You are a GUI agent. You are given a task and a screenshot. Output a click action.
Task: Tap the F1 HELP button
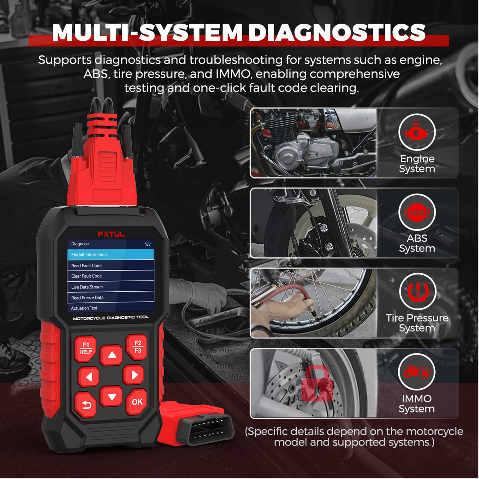86,348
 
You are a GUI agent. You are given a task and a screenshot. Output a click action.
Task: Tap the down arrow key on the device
111,396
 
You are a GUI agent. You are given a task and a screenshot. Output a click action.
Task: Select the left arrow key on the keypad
89,377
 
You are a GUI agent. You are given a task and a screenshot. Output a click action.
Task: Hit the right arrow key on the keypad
134,375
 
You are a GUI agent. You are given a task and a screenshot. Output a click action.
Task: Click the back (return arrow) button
86,405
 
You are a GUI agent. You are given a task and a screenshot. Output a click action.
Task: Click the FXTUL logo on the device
111,234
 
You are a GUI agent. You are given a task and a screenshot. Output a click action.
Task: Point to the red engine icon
416,132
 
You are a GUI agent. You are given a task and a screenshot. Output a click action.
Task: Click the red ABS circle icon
417,213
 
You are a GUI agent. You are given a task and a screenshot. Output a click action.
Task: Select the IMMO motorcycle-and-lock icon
417,372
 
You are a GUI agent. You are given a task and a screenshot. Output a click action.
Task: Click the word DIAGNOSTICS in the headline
337,32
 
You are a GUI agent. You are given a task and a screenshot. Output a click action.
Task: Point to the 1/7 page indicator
148,244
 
